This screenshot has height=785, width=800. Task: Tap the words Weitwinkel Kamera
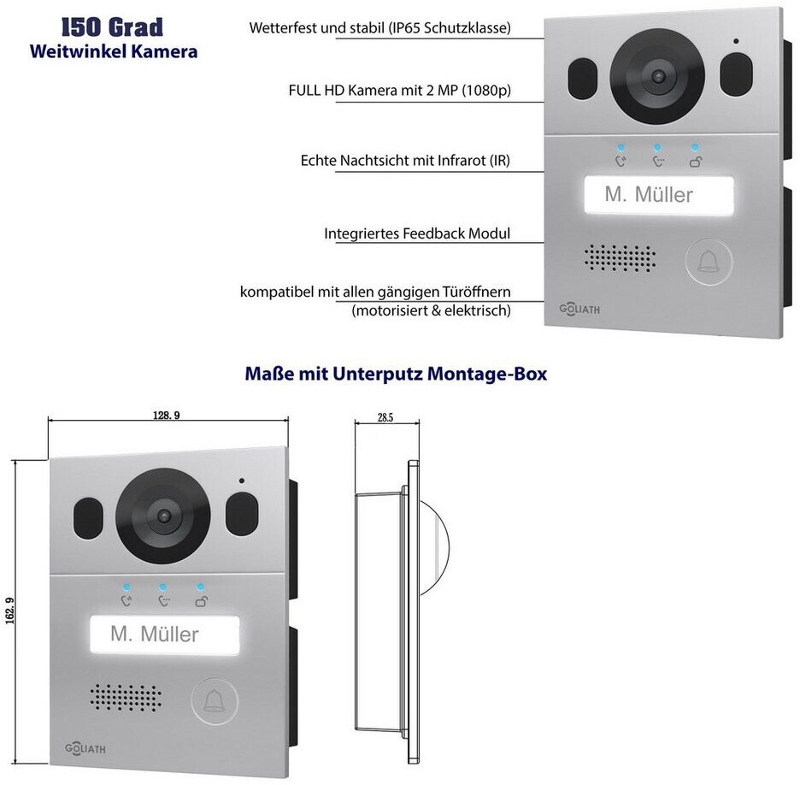tap(113, 51)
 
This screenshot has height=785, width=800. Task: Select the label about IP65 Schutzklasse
tap(380, 28)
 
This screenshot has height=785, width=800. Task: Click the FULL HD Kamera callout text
tap(405, 91)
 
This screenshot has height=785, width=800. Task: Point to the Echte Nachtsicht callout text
tap(406, 161)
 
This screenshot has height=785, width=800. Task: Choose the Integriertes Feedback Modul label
tap(418, 233)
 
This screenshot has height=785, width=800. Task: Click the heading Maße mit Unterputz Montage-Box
tap(396, 374)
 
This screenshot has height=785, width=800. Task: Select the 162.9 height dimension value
tap(33, 605)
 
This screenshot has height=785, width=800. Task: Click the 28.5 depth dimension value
tap(385, 417)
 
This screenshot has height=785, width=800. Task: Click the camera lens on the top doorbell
tap(657, 75)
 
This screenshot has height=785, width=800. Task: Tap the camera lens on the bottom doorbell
tap(162, 515)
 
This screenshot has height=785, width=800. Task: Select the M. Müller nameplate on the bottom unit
tap(155, 634)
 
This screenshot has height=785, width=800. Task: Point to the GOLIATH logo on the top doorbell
tap(579, 309)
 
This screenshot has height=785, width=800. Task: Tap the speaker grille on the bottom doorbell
tap(126, 696)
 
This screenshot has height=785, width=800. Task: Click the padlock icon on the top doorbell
tap(697, 160)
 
